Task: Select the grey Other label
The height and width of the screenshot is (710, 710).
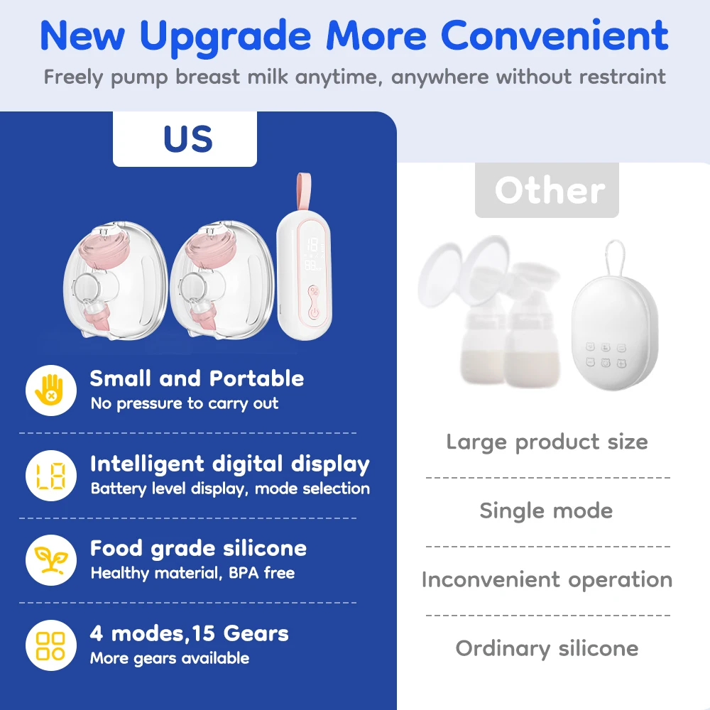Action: pos(547,190)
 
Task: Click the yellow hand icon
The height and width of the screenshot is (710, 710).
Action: pos(50,390)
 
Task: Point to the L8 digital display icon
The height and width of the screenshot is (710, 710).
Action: pos(50,475)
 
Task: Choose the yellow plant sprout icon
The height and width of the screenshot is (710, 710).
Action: pos(50,559)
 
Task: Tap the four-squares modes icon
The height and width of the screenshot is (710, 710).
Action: pos(50,645)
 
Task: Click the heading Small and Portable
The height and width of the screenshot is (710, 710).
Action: pos(197,378)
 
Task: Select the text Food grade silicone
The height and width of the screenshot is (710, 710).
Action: pos(198,548)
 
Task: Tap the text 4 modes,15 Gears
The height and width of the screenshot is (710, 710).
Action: pos(189,633)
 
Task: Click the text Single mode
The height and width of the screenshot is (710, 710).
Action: pos(546,510)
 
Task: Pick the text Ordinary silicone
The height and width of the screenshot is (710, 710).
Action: pos(547,648)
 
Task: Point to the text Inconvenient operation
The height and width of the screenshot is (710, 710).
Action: pos(547,579)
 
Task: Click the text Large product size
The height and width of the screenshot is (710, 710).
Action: pos(547,442)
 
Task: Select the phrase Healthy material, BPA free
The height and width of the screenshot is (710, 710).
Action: pos(192,573)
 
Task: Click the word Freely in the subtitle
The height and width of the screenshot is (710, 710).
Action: pos(69,76)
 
